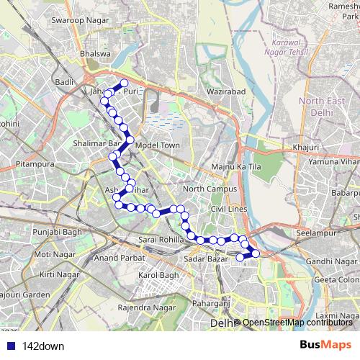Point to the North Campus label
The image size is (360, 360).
[x=210, y=189]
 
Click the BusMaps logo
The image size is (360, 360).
[x=325, y=345]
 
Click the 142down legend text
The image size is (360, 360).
[x=44, y=346]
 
